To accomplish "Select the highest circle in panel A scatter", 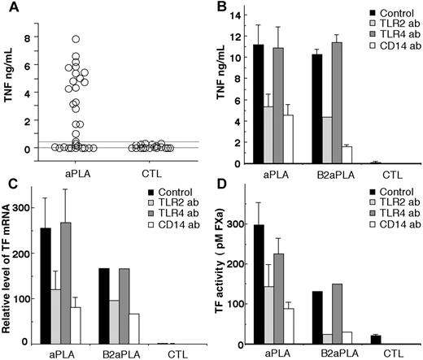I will [76, 39].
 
